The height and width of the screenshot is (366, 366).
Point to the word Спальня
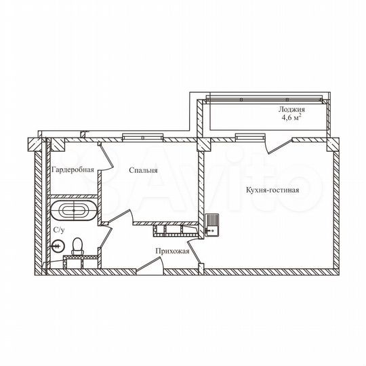coord(143,171)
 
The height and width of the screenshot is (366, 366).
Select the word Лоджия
coord(291,109)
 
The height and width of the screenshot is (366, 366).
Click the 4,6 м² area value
coord(291,117)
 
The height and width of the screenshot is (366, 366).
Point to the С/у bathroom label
coord(59,230)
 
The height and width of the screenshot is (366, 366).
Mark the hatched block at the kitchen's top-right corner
coord(330,144)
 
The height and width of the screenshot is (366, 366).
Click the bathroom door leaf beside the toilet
coord(104,247)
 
